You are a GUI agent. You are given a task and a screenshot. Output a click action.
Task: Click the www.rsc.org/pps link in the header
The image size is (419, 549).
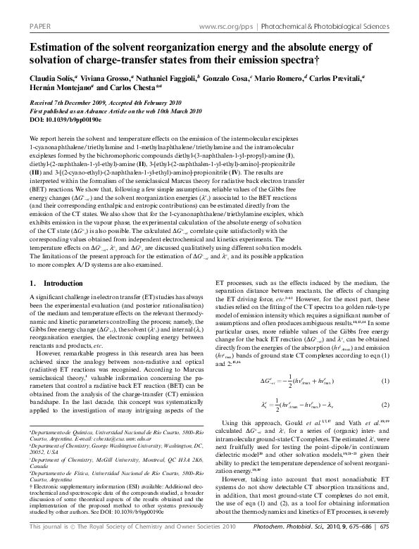click(227, 26)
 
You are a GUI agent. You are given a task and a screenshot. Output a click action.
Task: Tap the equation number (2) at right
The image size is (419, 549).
click(385, 405)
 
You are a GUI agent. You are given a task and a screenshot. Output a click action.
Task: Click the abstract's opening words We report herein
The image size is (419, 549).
click(49, 138)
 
